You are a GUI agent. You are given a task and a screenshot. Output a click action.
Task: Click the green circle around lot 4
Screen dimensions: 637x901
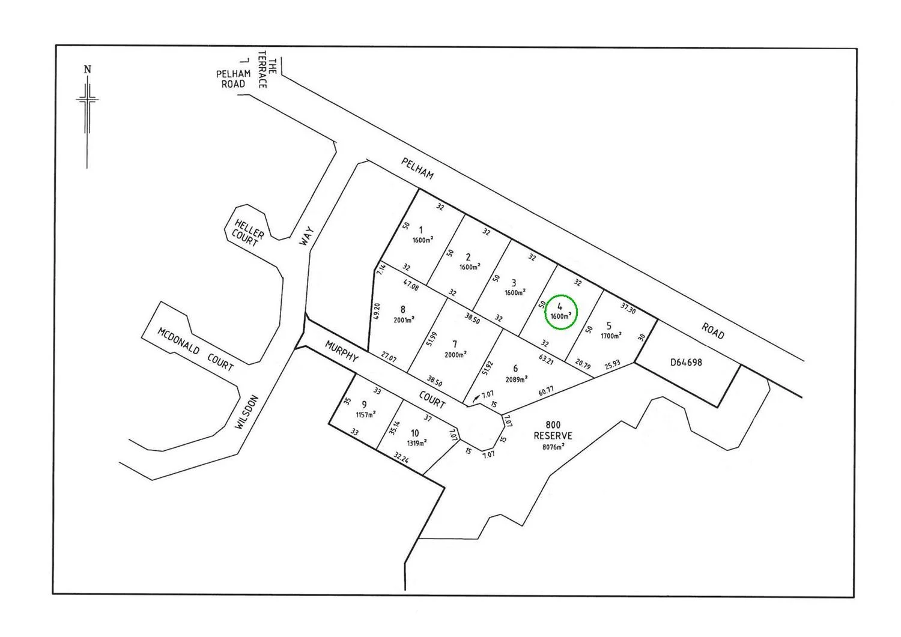[x=560, y=312]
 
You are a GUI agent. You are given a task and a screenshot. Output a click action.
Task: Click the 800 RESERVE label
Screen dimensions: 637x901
[x=553, y=430]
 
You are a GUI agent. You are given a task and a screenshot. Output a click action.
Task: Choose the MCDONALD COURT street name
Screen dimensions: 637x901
[x=195, y=349]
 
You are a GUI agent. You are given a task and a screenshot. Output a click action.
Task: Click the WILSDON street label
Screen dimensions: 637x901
[x=247, y=412]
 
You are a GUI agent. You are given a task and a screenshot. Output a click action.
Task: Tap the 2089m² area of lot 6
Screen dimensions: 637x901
[x=517, y=379]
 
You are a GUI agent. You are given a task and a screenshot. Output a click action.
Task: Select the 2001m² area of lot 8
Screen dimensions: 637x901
[x=404, y=320]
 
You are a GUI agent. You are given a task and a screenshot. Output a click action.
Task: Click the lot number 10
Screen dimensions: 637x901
[x=415, y=433]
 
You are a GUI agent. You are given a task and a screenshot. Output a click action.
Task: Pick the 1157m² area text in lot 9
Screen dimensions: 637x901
[x=365, y=415]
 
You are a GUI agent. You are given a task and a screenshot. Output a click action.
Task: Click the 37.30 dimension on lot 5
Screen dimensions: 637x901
[x=627, y=309]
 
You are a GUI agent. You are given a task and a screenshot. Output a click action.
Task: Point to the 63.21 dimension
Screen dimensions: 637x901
[x=546, y=360]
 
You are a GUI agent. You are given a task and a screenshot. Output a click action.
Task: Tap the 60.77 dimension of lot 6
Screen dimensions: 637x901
[x=546, y=391]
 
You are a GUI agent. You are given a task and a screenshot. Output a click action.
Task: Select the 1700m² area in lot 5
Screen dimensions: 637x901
[x=611, y=336]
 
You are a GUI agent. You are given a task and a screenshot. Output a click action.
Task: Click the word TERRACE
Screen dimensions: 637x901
[x=262, y=73]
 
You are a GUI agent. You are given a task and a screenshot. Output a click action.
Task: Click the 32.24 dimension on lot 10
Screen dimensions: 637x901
[x=401, y=458]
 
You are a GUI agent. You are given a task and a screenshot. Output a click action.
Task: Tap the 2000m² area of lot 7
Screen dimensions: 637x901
[x=456, y=355]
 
